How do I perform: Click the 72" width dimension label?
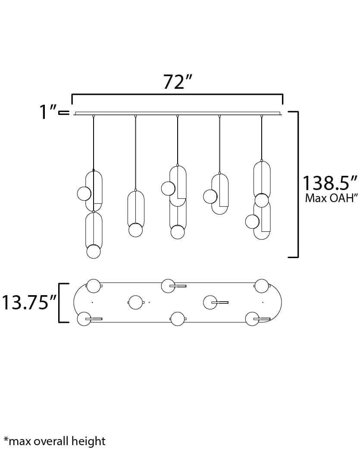coord(177,81)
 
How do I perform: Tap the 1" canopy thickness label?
coord(48,112)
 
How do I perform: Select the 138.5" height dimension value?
coord(330,183)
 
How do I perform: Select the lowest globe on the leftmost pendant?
coord(94,251)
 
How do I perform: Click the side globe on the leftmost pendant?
coord(84,193)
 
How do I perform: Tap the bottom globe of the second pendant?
coord(136,230)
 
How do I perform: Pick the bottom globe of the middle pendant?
coord(178,232)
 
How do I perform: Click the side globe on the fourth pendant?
coord(210,196)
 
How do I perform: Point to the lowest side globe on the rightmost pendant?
coord(252,221)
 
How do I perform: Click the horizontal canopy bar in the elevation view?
coord(177,113)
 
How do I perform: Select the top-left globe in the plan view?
coord(94,286)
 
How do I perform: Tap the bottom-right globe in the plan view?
coord(252,319)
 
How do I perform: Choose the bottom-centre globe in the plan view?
coord(178,319)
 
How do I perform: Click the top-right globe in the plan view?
coord(262,286)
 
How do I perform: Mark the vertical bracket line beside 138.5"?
coord(297,184)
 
